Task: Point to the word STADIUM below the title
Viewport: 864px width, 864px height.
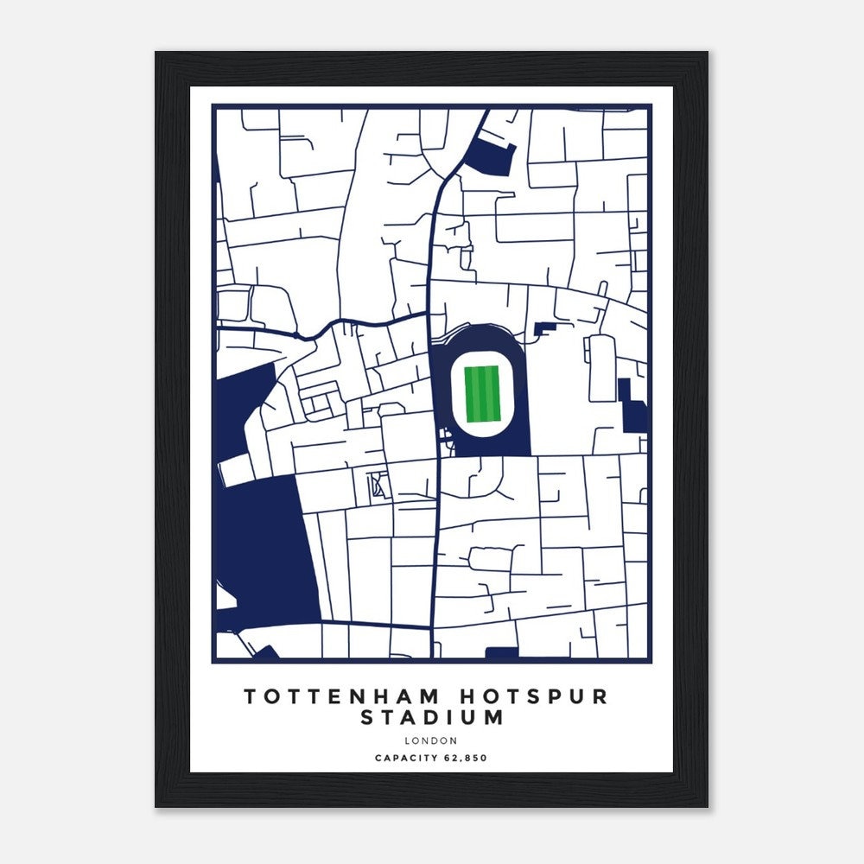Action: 432,718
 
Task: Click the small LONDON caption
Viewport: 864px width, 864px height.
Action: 430,740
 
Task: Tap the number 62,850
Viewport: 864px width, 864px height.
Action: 467,759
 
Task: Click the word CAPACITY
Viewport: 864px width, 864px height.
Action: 407,759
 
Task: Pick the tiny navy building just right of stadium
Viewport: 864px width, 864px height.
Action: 545,328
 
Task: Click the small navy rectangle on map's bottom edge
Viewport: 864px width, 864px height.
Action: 501,653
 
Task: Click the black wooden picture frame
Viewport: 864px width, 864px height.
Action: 172,432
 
